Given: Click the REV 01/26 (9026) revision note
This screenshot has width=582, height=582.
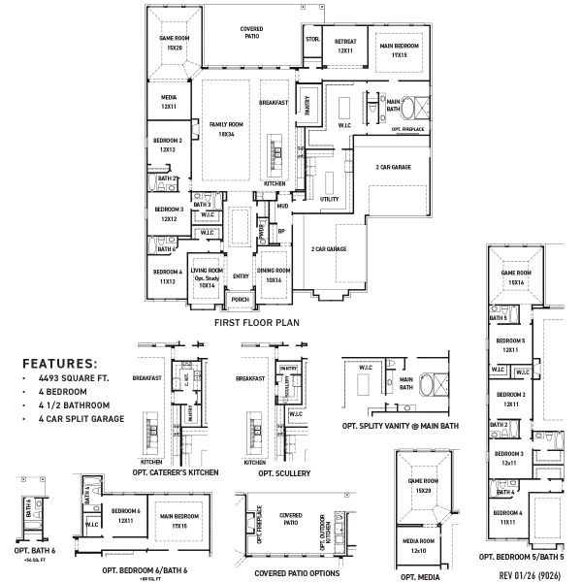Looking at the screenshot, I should [x=531, y=574].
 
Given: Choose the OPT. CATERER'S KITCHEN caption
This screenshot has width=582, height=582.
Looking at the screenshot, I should [x=176, y=471].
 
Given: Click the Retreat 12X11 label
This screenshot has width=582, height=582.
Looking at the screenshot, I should [x=345, y=45].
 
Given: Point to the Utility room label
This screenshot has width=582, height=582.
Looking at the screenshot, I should [x=329, y=198].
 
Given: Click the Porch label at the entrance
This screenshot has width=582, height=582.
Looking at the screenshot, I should [x=240, y=299].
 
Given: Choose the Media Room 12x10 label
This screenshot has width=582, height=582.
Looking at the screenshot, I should [x=420, y=546].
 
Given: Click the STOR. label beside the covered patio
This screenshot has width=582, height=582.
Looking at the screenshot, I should [x=311, y=40].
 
